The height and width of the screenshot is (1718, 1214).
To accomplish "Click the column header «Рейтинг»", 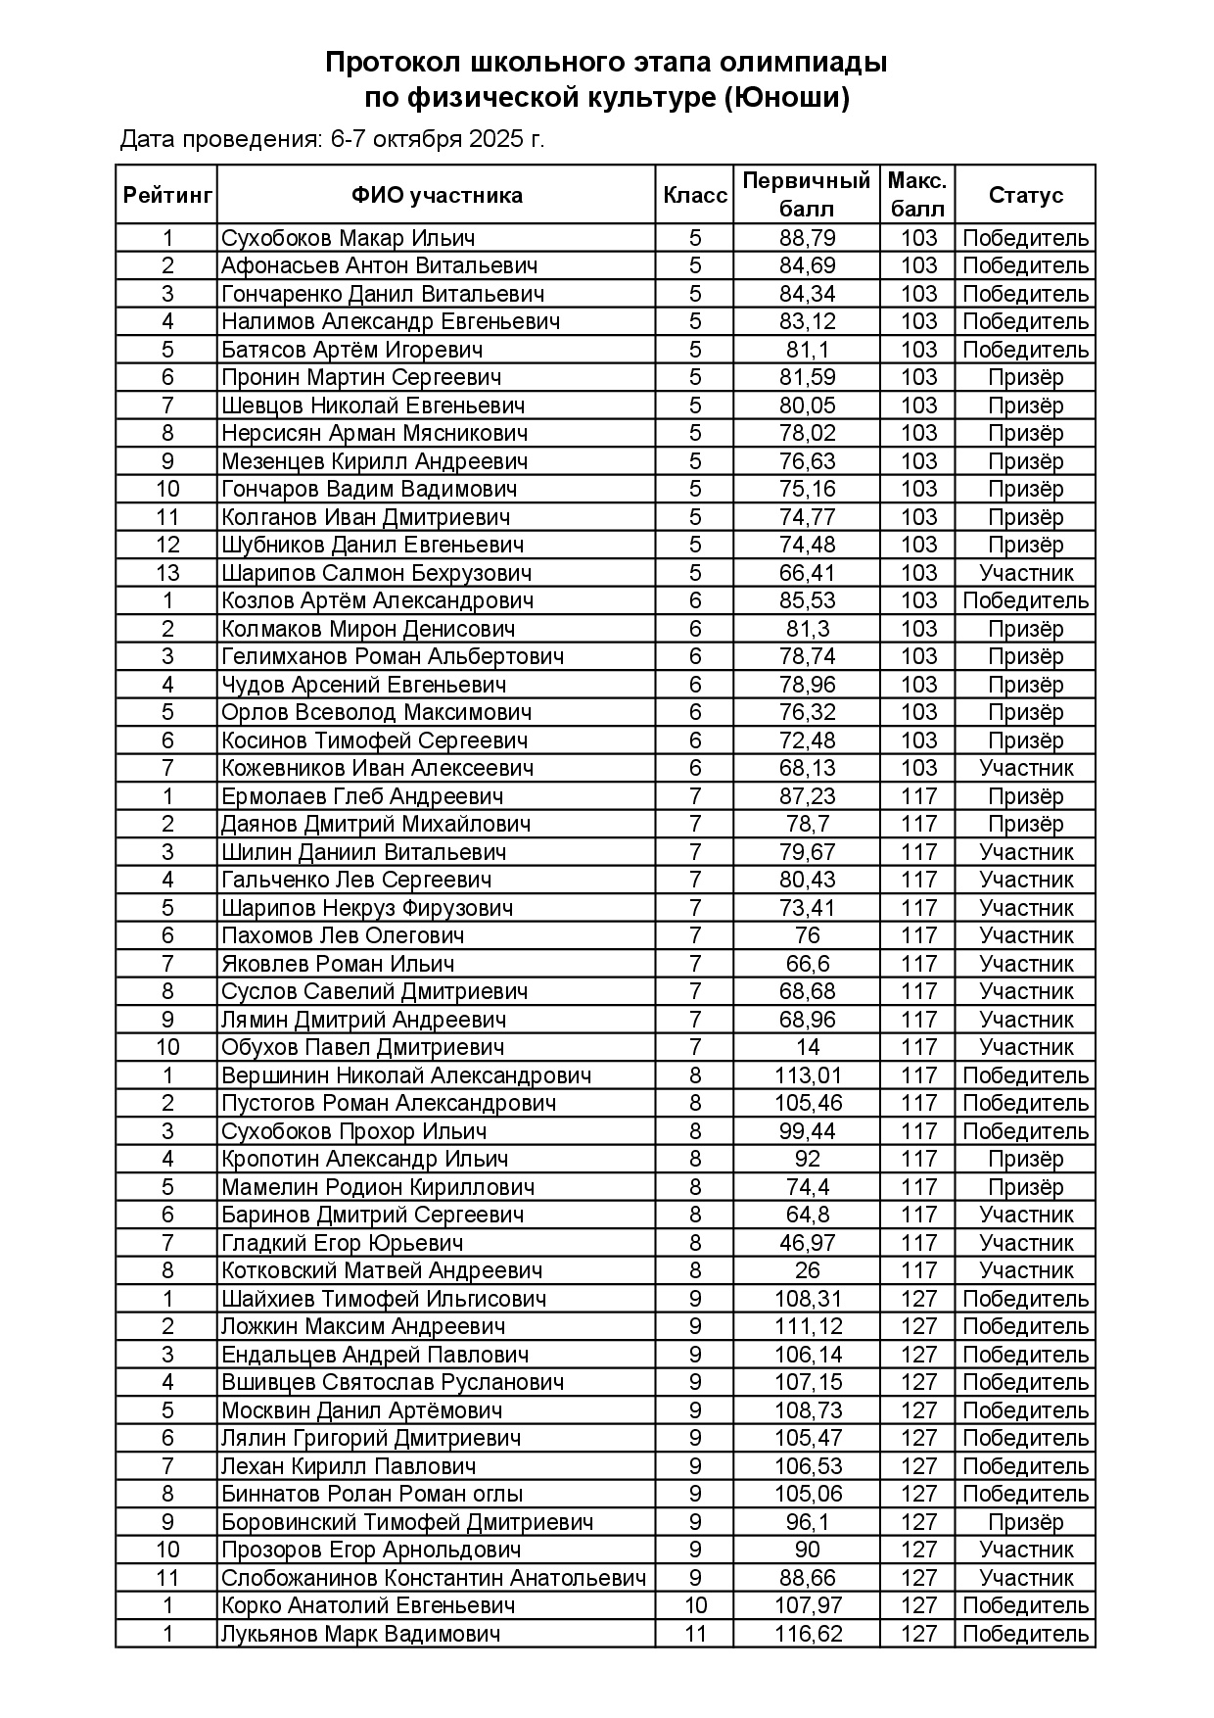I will tap(167, 195).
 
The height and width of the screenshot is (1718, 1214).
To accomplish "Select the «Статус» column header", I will tap(1025, 195).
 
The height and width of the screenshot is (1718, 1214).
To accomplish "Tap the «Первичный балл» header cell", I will tap(807, 195).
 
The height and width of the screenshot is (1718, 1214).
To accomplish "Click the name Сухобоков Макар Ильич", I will tap(348, 238).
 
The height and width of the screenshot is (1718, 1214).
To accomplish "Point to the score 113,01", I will tap(808, 1075).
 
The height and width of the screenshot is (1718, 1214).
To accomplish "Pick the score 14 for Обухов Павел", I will tap(808, 1047).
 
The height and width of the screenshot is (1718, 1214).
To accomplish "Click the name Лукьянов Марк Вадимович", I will tap(360, 1634).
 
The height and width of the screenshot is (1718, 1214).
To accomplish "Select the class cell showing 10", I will tap(695, 1605).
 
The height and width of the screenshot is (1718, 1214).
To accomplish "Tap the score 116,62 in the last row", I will tap(808, 1634).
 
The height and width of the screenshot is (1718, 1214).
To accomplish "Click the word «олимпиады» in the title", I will tap(803, 63).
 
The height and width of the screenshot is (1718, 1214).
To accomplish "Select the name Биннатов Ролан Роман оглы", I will tap(372, 1494).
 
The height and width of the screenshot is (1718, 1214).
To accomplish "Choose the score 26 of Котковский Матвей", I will tap(808, 1270).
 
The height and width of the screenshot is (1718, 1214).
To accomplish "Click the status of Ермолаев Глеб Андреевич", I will tap(1025, 796).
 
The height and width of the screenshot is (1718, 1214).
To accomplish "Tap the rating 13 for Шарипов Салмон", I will tap(167, 573).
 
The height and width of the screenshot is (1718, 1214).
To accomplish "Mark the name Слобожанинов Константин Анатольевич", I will tap(434, 1578).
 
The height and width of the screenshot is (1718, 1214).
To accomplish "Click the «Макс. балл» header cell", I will tap(917, 195).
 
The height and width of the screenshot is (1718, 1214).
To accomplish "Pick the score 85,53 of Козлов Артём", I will tap(808, 600).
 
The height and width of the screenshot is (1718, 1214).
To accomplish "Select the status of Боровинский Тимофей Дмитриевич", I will tap(1025, 1522).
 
